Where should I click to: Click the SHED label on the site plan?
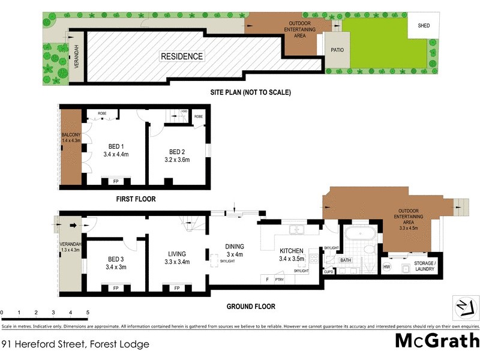coord(424,25)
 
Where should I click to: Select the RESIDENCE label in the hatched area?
coord(181,56)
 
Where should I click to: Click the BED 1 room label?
coord(116,146)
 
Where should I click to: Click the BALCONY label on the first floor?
coord(71,134)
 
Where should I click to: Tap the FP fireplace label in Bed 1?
coord(116,181)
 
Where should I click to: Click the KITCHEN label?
coord(292,251)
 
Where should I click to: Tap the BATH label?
coord(346,260)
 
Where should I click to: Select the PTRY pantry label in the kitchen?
coord(279,279)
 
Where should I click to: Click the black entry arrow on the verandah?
coord(74,226)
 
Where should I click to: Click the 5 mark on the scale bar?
coord(88,313)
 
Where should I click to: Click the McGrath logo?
coord(437,340)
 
